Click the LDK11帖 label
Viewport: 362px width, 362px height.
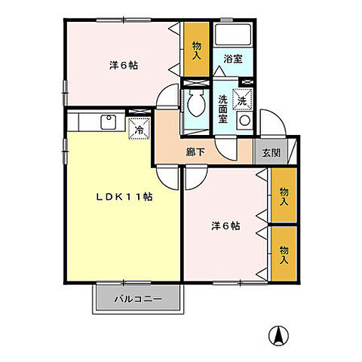pyautogui.click(x=124, y=197)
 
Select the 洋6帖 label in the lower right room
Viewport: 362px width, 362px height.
pyautogui.click(x=225, y=224)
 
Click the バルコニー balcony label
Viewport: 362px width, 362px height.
pyautogui.click(x=138, y=299)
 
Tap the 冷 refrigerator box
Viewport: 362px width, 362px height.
pyautogui.click(x=139, y=129)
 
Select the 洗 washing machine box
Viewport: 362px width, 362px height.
pyautogui.click(x=244, y=99)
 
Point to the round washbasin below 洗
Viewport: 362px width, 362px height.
pyautogui.click(x=244, y=121)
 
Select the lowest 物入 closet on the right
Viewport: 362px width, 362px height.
pyautogui.click(x=284, y=255)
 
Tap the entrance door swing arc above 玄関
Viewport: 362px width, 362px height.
pyautogui.click(x=271, y=124)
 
